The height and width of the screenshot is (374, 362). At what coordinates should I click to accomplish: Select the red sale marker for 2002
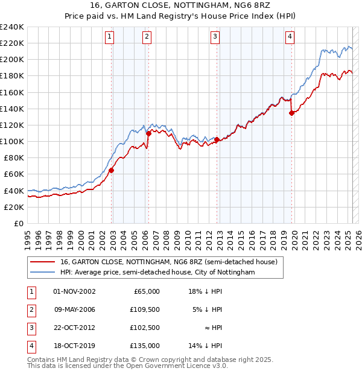tap(112, 170)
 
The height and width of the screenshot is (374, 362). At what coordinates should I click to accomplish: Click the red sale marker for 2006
tap(148, 133)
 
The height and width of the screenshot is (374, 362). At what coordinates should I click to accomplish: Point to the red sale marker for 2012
tap(217, 139)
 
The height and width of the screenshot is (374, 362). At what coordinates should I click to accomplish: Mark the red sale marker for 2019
tap(291, 113)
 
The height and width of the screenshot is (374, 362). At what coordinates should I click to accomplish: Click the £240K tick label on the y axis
tap(12, 27)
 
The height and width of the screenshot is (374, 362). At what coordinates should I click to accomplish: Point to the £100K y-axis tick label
tap(12, 141)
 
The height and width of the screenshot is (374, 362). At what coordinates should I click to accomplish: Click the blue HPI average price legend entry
tap(157, 273)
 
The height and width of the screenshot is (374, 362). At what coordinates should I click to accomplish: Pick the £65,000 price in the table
tap(147, 291)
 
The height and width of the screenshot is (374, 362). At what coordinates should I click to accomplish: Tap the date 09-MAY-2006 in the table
tap(75, 309)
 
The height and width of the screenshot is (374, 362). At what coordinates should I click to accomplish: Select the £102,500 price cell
tap(145, 328)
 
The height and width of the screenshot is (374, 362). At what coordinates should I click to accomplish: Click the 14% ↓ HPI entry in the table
tap(205, 346)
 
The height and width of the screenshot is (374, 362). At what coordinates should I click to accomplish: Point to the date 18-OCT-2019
tap(75, 346)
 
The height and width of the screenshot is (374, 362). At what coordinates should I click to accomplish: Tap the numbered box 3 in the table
tap(30, 328)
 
